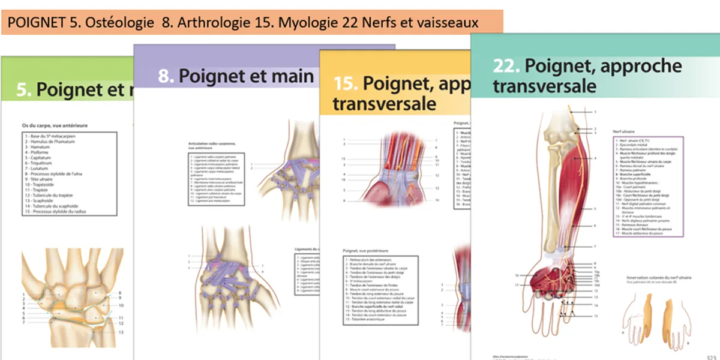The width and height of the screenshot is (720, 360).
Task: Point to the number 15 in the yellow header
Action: [x=346, y=83]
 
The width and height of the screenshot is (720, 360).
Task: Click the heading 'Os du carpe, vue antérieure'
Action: [x=55, y=125]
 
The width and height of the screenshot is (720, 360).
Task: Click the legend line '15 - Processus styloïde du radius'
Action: [x=59, y=212]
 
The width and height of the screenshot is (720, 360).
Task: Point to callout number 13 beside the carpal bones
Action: [x=121, y=332]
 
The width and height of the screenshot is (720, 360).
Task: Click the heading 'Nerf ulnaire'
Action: [x=623, y=130]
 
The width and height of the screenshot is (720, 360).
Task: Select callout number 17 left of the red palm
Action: [x=515, y=285]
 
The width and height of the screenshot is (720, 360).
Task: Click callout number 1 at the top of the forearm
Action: [x=595, y=112]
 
